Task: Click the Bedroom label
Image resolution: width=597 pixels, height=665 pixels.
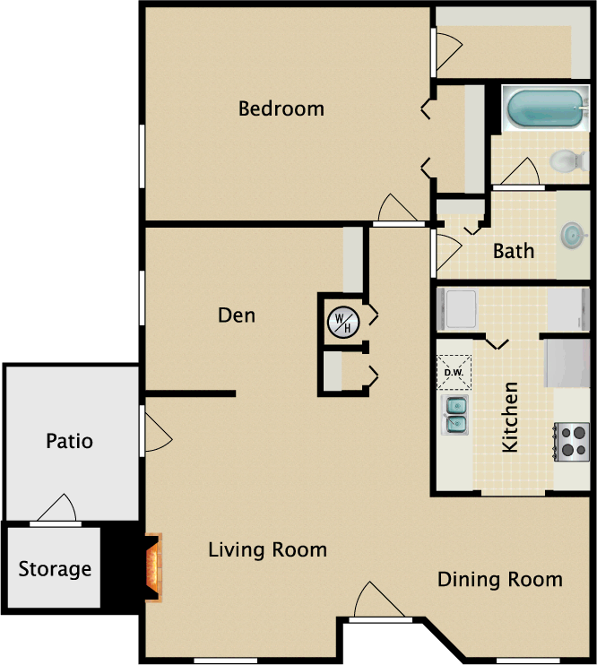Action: point(281,108)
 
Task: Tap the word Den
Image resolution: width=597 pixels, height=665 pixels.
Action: point(237,315)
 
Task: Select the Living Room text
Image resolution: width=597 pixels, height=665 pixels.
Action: point(268,549)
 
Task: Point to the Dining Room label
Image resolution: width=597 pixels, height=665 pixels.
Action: point(500,579)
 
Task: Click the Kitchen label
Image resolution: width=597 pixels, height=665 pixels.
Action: point(510,417)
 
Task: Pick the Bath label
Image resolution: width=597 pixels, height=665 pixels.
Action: point(514,251)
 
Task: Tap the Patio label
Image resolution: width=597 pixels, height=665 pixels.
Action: point(70,441)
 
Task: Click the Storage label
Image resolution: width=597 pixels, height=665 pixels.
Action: point(55,569)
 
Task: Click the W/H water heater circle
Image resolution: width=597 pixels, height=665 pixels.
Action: point(343,323)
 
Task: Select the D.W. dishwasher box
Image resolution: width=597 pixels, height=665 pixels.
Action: point(454,372)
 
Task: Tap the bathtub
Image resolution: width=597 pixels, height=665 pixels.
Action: point(546,108)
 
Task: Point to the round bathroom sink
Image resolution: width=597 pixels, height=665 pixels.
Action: point(574,235)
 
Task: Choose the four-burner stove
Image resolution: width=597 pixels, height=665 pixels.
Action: point(572,442)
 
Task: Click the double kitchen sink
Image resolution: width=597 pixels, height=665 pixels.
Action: point(454,415)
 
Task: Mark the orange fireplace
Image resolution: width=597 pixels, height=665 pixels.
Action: point(153,567)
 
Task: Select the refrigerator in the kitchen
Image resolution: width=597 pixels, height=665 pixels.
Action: point(567,363)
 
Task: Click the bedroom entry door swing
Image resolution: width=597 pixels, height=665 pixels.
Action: point(398,208)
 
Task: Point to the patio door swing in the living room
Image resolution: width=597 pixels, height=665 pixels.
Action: point(159,432)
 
